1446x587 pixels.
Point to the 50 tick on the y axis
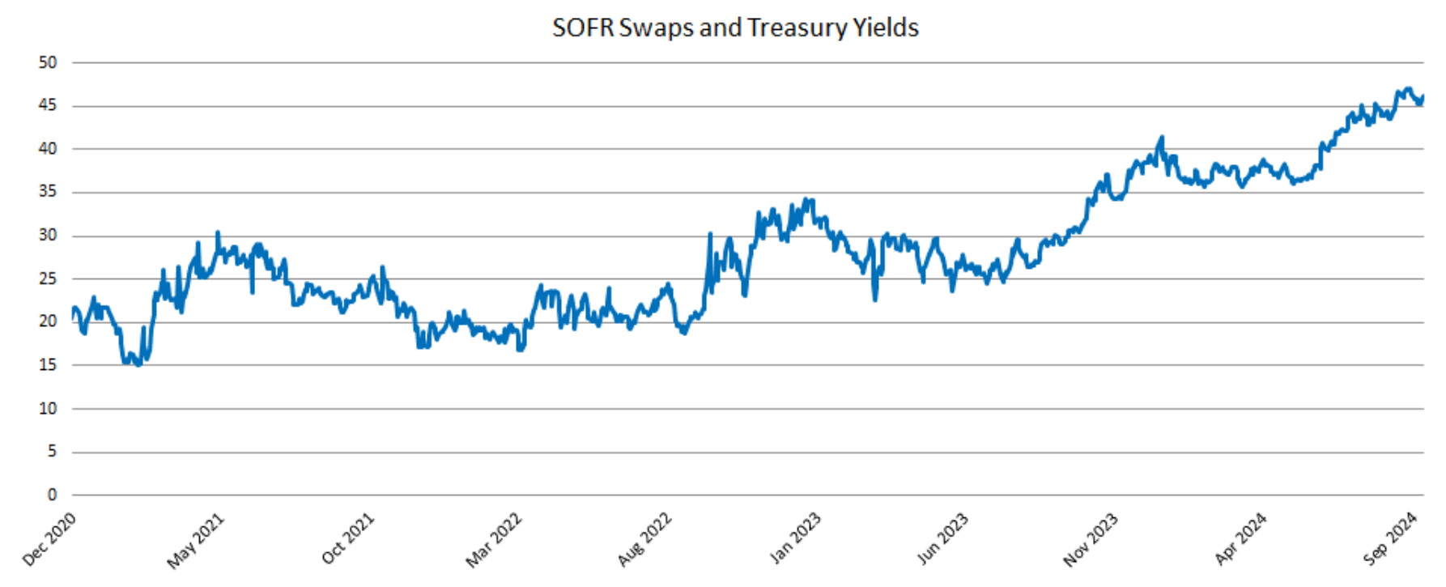click(48, 62)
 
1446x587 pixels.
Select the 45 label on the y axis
click(48, 105)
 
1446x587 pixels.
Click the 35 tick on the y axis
click(48, 192)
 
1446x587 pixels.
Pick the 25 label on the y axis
click(48, 279)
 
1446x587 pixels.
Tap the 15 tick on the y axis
click(48, 365)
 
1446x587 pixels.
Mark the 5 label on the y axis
click(52, 451)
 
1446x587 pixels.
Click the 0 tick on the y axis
click(52, 495)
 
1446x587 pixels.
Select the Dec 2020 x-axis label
click(49, 539)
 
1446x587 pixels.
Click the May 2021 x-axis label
click(195, 541)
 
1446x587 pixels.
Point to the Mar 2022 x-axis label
click(494, 541)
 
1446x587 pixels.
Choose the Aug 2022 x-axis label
click(644, 539)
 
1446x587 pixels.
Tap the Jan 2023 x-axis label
click(795, 538)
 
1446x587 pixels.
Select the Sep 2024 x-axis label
click(1390, 539)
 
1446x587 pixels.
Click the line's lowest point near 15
click(138, 365)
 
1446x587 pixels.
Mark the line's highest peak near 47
click(1409, 89)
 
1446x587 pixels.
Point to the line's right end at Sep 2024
click(1423, 96)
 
